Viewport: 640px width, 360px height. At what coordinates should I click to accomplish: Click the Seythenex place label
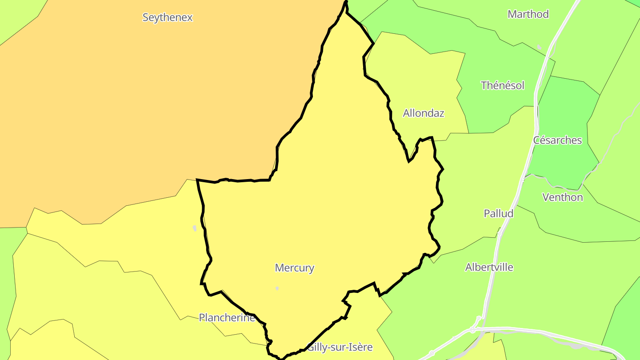pos(168,18)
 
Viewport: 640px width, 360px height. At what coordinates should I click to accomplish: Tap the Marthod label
pos(528,14)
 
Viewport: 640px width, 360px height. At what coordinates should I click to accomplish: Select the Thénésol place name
pos(503,85)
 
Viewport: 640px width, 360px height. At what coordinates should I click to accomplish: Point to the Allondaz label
pos(424,113)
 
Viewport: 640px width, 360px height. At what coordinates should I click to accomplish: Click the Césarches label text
pos(557,140)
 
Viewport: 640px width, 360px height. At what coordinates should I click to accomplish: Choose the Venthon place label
pos(563,197)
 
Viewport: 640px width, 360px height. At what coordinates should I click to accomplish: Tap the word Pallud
pos(499,213)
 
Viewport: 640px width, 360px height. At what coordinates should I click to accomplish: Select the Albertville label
pos(489,268)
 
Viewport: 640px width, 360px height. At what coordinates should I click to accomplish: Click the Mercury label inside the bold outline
pos(295,268)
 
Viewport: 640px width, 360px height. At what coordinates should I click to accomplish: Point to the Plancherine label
pos(227,318)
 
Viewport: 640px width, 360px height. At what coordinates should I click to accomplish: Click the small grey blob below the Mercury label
pos(277,288)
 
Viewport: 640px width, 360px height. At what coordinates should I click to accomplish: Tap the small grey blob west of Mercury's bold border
pos(195,228)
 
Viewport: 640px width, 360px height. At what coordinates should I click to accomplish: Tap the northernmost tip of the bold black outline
pos(346,2)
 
